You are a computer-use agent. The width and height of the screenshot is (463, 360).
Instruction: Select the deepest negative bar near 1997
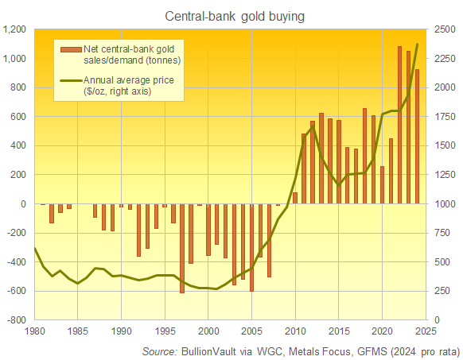(x=182, y=248)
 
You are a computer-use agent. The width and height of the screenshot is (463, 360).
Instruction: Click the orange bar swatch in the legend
(x=70, y=52)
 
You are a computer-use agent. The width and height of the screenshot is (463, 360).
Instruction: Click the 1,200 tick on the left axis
(x=15, y=29)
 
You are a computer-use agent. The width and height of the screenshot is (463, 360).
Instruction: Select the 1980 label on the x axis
(x=35, y=331)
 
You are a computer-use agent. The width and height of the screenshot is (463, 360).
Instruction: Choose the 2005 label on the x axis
(x=252, y=331)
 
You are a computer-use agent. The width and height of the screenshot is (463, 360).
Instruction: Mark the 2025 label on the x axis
(x=426, y=331)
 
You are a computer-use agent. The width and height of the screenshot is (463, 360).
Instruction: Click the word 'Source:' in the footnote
(x=160, y=350)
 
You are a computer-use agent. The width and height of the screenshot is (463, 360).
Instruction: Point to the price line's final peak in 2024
(x=418, y=45)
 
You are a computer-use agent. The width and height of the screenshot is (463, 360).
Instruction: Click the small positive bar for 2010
(x=295, y=198)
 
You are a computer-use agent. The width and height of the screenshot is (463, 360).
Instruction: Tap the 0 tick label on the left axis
(x=23, y=204)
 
